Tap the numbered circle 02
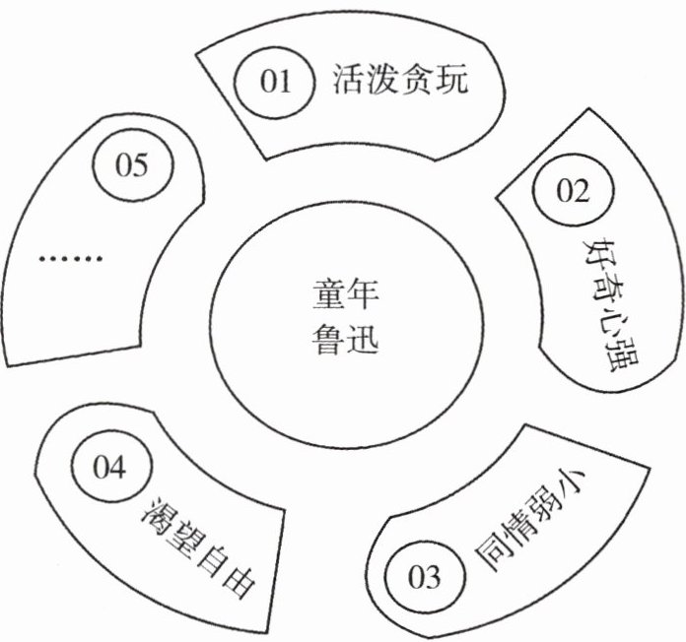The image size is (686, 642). [x=572, y=190]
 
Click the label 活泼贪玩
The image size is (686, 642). [x=401, y=79]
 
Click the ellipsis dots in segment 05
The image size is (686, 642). [x=71, y=259]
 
